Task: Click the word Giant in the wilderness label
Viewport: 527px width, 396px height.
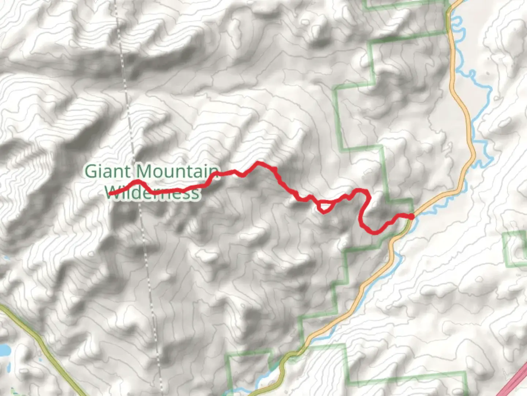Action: pos(107,172)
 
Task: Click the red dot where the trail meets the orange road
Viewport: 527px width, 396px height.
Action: pos(411,217)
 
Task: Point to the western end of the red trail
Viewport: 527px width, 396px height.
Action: pos(110,194)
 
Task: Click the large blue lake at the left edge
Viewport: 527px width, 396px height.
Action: pos(4,350)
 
